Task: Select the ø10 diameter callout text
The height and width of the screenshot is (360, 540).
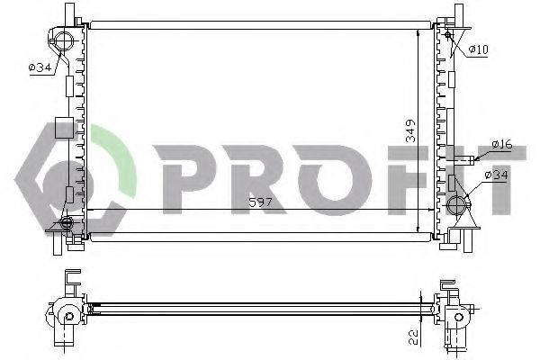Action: click(x=478, y=49)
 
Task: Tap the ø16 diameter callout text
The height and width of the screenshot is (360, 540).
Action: click(x=501, y=144)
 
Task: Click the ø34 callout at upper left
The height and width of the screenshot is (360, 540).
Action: click(x=40, y=67)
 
